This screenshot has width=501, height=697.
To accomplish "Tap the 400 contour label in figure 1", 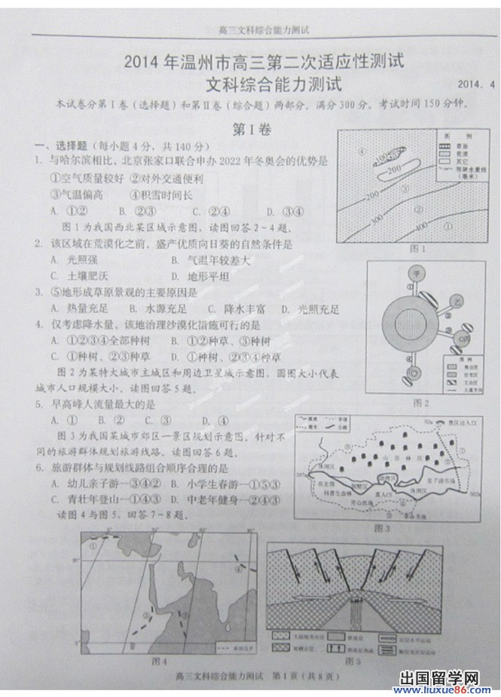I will coord(422,226).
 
